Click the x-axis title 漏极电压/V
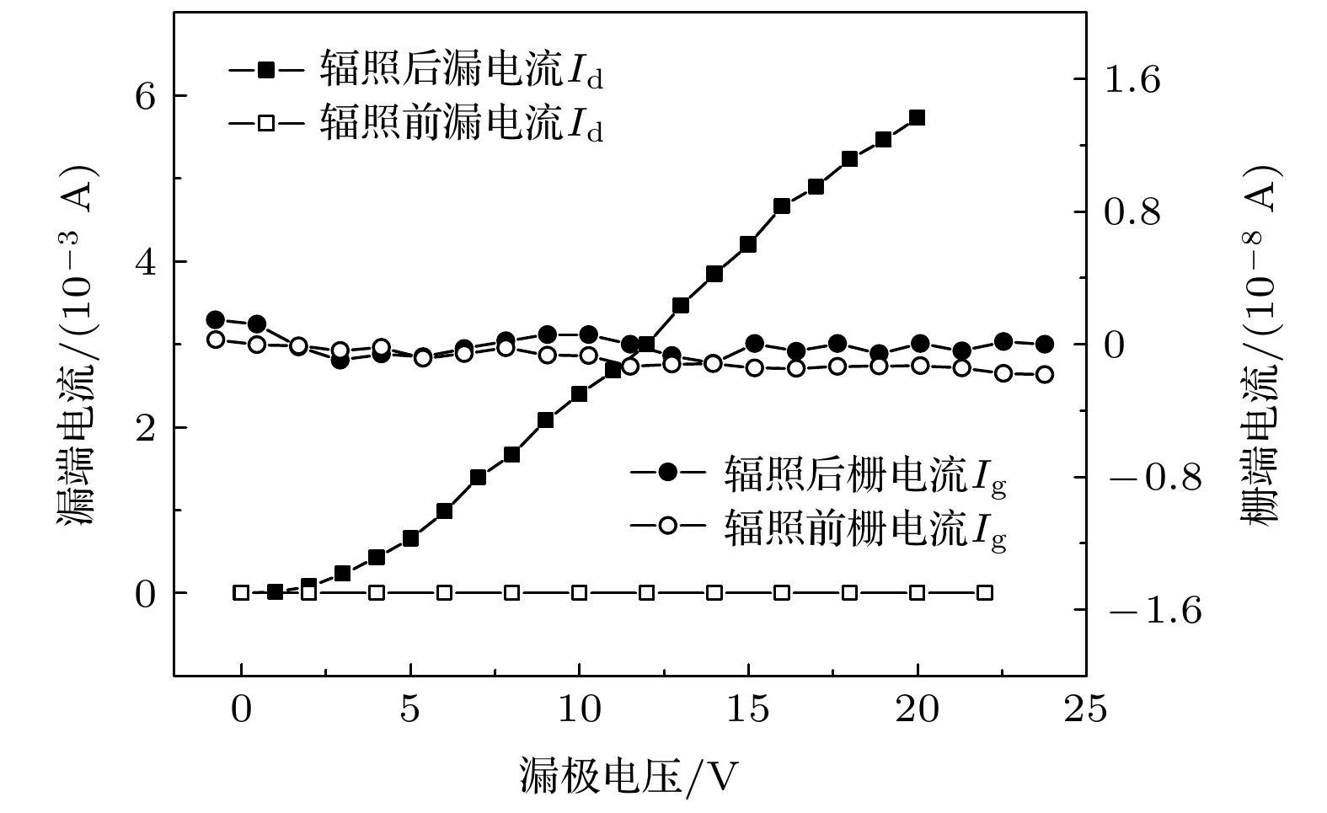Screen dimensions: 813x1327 click(x=629, y=776)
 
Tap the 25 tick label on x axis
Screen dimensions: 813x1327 click(x=1086, y=710)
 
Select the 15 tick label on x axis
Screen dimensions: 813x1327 click(x=748, y=710)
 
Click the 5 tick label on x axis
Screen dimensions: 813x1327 click(x=410, y=710)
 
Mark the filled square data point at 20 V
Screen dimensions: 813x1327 click(x=918, y=117)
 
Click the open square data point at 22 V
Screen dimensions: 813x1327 click(x=985, y=592)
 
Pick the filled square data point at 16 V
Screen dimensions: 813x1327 click(x=782, y=206)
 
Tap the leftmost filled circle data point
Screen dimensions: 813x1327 click(x=215, y=319)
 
